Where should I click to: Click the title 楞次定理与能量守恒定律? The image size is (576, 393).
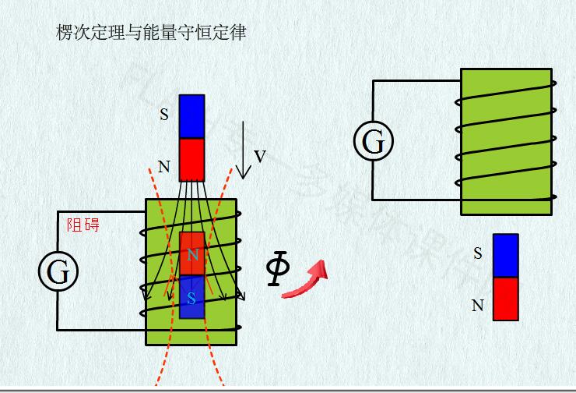151,33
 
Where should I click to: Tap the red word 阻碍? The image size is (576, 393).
83,225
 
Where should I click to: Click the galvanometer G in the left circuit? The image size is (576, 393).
58,272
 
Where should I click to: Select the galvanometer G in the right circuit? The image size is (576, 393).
374,142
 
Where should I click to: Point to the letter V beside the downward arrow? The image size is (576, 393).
260,157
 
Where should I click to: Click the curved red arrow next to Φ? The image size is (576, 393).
306,281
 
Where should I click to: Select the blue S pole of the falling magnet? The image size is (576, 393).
191,116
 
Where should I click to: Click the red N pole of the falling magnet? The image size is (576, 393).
191,159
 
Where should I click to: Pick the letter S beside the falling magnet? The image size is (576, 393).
163,115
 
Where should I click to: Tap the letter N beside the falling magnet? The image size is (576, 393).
163,166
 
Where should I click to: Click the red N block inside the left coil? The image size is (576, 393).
192,253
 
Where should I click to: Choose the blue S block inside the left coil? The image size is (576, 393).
191,297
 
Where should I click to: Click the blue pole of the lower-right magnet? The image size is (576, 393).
506,255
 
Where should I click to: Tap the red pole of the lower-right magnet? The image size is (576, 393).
506,299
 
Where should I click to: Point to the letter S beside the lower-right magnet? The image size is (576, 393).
478,253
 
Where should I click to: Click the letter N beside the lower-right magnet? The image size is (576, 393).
478,306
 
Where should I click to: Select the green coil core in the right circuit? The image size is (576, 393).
506,141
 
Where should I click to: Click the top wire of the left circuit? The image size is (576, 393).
101,211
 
